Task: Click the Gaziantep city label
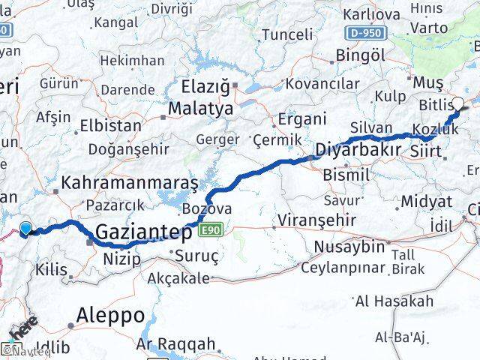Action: (144, 233)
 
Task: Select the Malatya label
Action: (200, 109)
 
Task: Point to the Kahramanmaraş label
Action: (130, 182)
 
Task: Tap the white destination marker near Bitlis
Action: (458, 105)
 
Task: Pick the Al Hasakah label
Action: (394, 301)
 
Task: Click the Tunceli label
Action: (288, 34)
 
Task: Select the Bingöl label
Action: (361, 55)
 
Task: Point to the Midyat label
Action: (426, 201)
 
